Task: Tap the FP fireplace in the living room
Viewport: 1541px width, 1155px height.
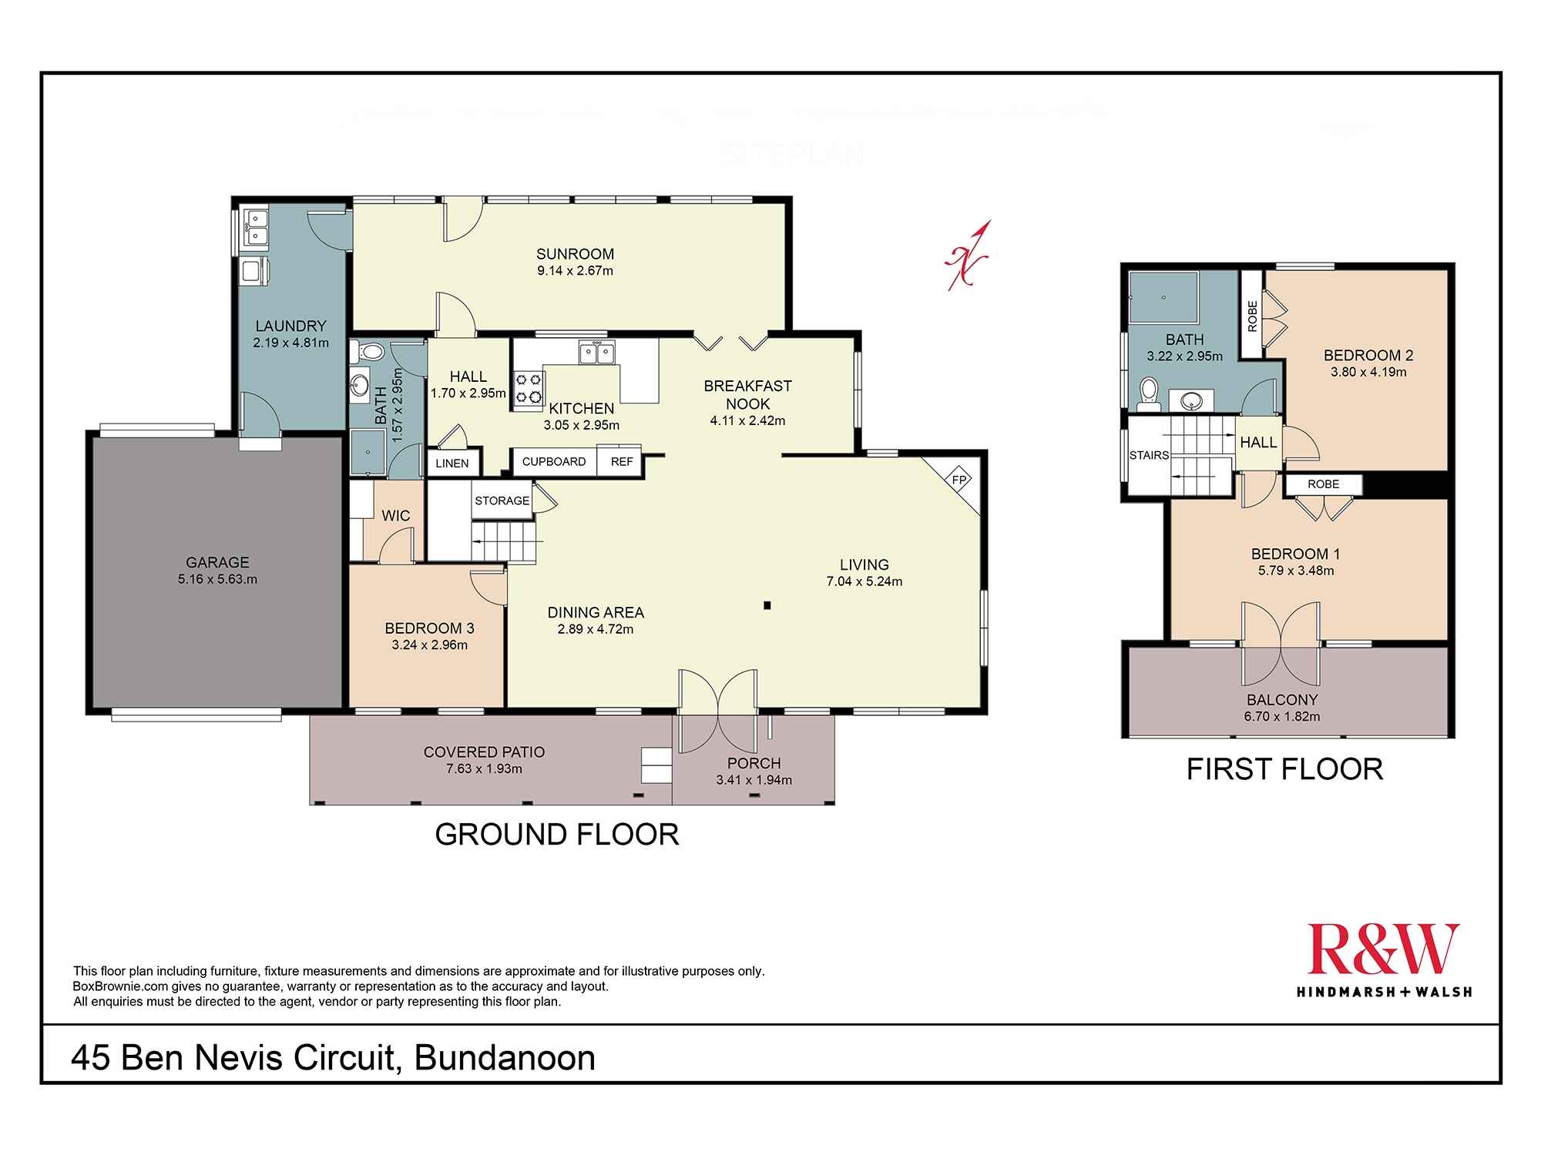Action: point(959,480)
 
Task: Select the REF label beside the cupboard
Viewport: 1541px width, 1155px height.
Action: point(622,462)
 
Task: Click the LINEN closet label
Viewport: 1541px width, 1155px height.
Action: point(452,464)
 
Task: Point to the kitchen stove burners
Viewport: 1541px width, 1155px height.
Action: point(529,388)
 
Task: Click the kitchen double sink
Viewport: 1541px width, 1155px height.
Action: point(596,353)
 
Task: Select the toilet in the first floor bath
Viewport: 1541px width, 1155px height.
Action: point(1149,390)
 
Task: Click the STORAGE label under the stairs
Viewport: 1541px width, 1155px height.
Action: point(502,500)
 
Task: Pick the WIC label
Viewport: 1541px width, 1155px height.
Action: point(396,516)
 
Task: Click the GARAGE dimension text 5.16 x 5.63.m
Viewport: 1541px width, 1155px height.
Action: point(217,579)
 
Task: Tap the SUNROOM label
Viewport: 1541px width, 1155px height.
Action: point(576,254)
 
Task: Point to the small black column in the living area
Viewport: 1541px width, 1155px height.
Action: point(767,606)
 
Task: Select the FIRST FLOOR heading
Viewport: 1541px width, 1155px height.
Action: point(1284,769)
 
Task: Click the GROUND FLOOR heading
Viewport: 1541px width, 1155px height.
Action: point(557,835)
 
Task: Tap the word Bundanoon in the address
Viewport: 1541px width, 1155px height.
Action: point(505,1058)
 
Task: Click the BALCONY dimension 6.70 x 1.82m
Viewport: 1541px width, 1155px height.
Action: point(1282,716)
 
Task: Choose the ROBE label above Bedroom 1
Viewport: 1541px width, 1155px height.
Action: point(1323,484)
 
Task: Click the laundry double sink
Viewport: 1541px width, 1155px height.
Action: point(255,228)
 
